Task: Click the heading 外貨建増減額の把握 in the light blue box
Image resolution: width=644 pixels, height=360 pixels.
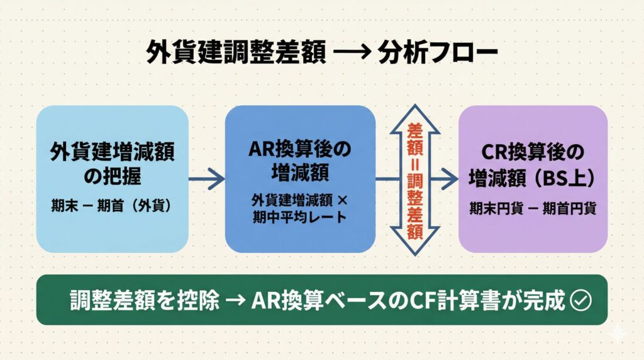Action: pyautogui.click(x=113, y=165)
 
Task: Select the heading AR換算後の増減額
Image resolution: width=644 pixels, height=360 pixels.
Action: pyautogui.click(x=301, y=160)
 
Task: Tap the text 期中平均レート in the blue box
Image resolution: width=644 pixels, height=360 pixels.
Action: pyautogui.click(x=300, y=218)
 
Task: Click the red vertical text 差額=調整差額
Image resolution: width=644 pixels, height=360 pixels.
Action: pyautogui.click(x=414, y=179)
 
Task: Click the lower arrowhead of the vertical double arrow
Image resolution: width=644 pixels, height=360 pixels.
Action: pyautogui.click(x=414, y=245)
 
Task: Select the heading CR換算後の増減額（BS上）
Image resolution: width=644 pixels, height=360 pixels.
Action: pyautogui.click(x=533, y=165)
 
